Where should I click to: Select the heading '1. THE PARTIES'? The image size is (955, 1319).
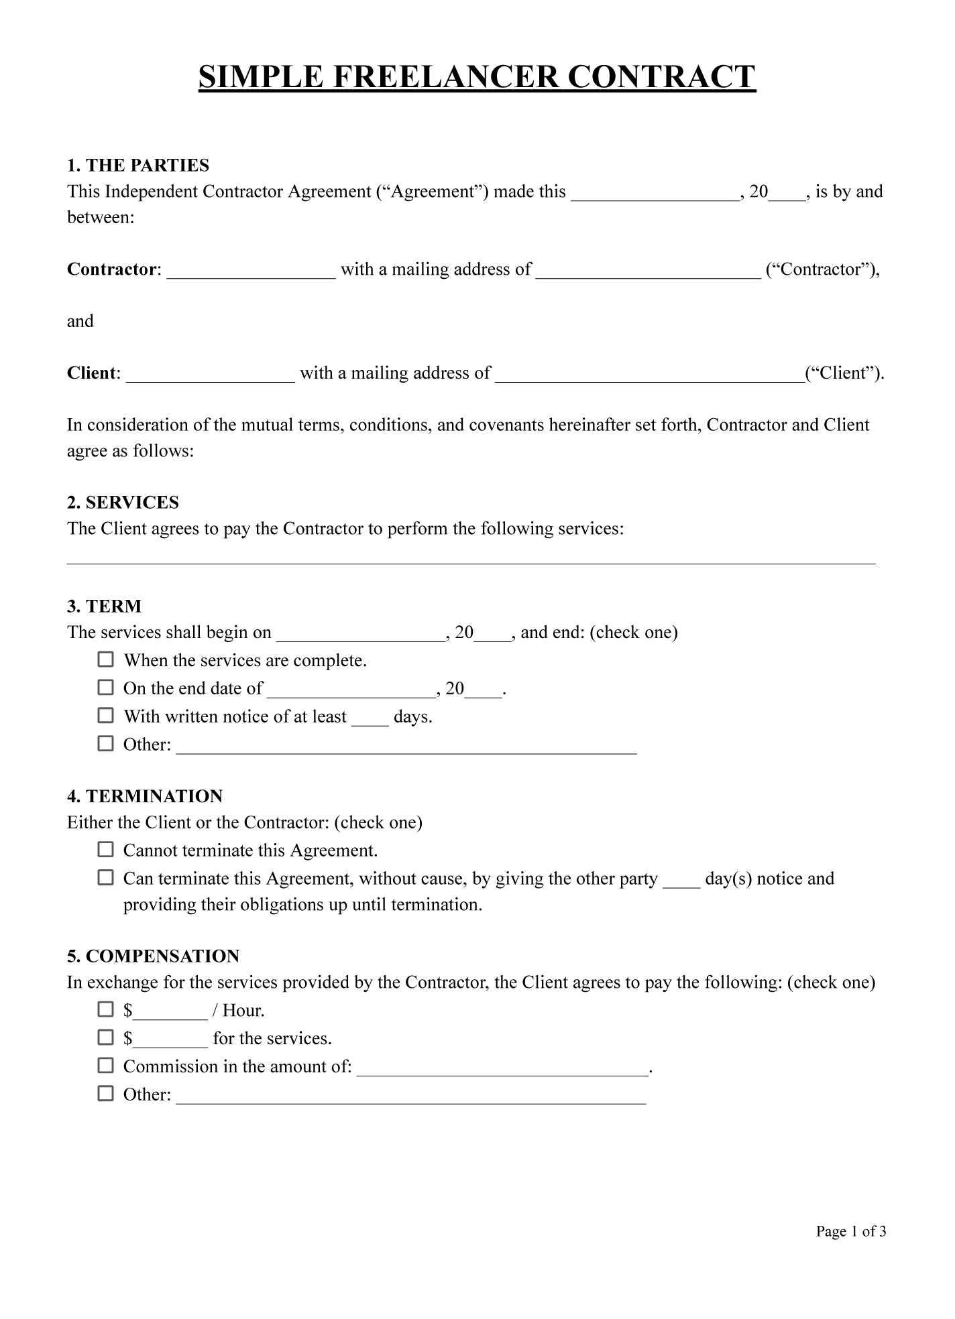[x=138, y=166]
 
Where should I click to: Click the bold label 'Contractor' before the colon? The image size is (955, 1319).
[x=112, y=269]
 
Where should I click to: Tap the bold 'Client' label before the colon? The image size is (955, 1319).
[x=91, y=373]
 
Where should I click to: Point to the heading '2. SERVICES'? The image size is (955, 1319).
[x=123, y=503]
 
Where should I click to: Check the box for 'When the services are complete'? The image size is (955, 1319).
[x=106, y=659]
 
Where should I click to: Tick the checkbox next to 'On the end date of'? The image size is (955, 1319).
[x=106, y=688]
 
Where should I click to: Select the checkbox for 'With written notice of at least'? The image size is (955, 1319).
[x=106, y=716]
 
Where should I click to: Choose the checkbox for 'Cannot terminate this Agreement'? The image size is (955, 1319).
[x=106, y=850]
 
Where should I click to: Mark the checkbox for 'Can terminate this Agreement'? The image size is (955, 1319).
[x=106, y=878]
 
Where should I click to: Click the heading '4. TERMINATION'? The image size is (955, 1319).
[x=145, y=796]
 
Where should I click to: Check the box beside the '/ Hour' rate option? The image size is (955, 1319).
[x=106, y=1009]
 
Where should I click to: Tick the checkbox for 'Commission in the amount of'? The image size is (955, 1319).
[x=106, y=1066]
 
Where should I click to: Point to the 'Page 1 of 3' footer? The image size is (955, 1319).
[x=851, y=1231]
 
